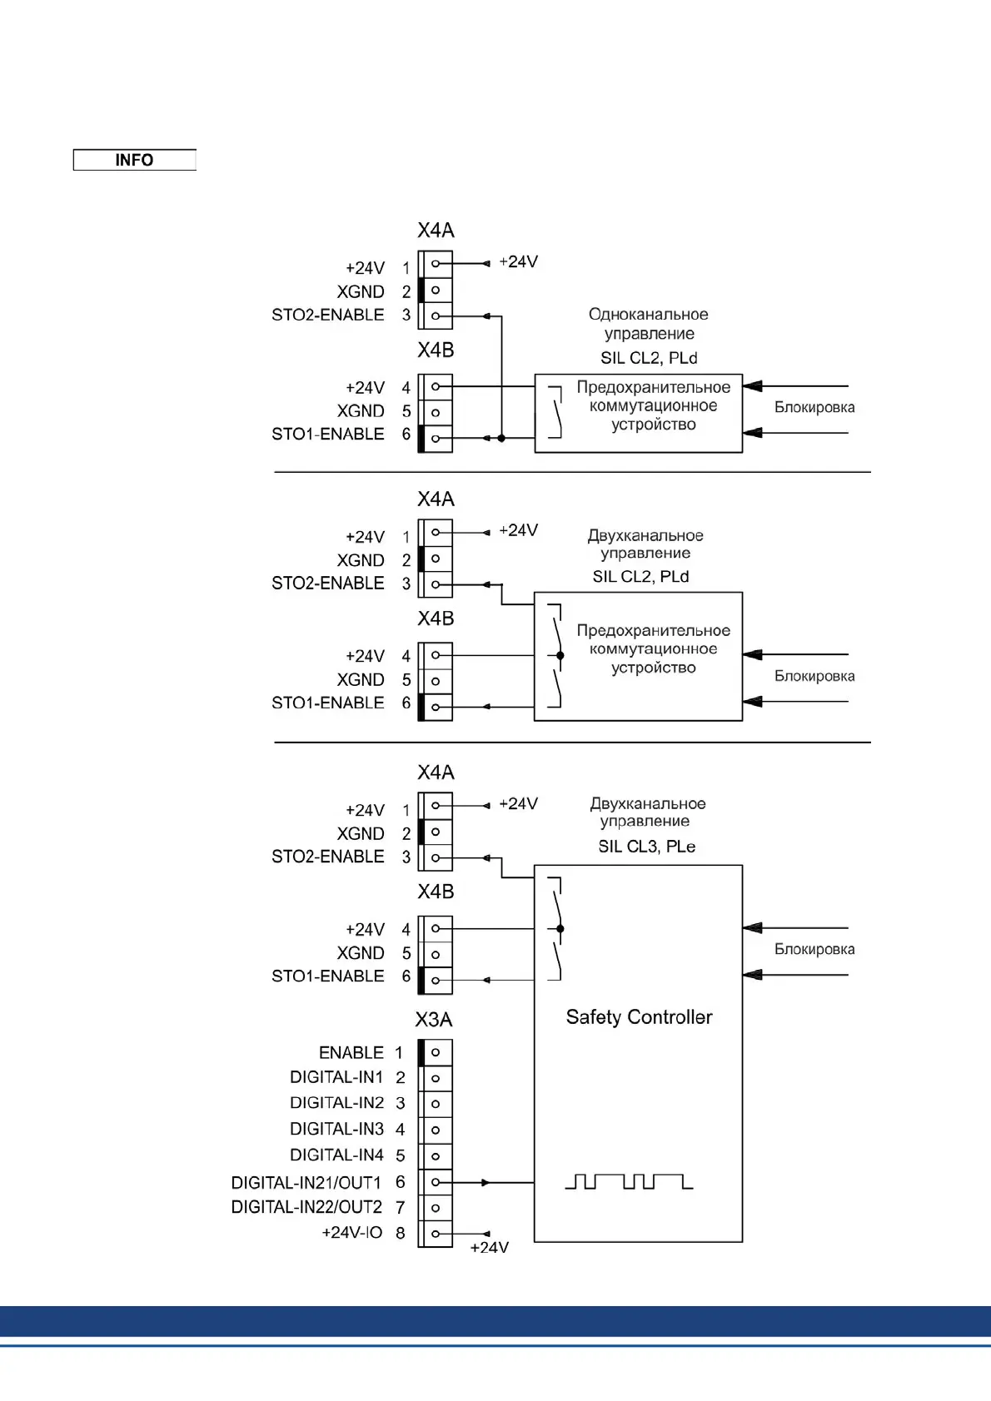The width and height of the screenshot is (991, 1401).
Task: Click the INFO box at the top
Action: click(x=134, y=160)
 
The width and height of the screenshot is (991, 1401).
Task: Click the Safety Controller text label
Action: click(x=639, y=1017)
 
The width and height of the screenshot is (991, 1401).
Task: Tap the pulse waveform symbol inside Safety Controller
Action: click(x=629, y=1182)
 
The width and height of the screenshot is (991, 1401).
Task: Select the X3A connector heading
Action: click(x=434, y=1020)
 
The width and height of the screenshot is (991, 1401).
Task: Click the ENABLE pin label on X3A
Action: click(x=351, y=1053)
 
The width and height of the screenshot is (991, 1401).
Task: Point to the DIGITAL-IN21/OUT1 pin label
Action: click(x=306, y=1183)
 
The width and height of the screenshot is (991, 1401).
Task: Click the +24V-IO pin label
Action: click(x=351, y=1233)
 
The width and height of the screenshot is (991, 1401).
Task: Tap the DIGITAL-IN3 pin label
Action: click(x=336, y=1130)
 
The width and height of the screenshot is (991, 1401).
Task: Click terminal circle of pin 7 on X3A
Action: click(x=436, y=1208)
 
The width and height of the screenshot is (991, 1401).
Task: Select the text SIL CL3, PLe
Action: click(x=646, y=847)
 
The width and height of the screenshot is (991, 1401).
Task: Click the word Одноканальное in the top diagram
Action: click(x=648, y=315)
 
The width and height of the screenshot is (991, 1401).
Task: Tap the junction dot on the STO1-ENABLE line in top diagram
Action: click(x=501, y=438)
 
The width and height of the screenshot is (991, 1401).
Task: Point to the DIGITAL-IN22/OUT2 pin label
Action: click(x=306, y=1207)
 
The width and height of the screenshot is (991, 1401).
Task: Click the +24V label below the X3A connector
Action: click(x=489, y=1248)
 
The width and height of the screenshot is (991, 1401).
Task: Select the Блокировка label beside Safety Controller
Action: click(x=814, y=950)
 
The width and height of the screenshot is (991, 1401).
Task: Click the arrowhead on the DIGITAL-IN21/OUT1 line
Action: click(x=486, y=1182)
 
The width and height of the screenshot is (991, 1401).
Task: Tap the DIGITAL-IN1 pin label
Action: click(x=336, y=1077)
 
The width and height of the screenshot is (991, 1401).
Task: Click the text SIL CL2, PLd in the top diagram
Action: click(x=649, y=359)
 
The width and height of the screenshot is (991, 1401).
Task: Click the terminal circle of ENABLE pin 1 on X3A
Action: click(x=436, y=1052)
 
